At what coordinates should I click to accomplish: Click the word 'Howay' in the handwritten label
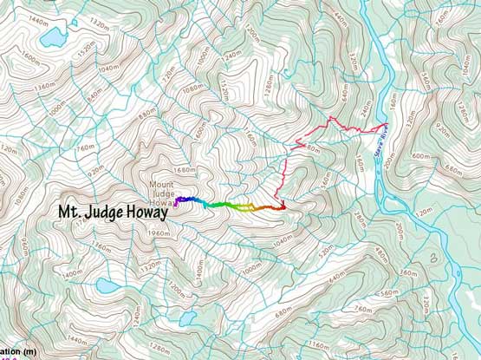point(143,212)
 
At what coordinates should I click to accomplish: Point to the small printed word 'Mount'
point(161,185)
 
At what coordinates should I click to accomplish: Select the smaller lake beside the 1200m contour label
point(187,295)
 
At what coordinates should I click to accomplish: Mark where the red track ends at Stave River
point(382,128)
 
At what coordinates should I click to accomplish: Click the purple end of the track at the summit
point(177,202)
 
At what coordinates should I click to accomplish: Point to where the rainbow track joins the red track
point(282,206)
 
